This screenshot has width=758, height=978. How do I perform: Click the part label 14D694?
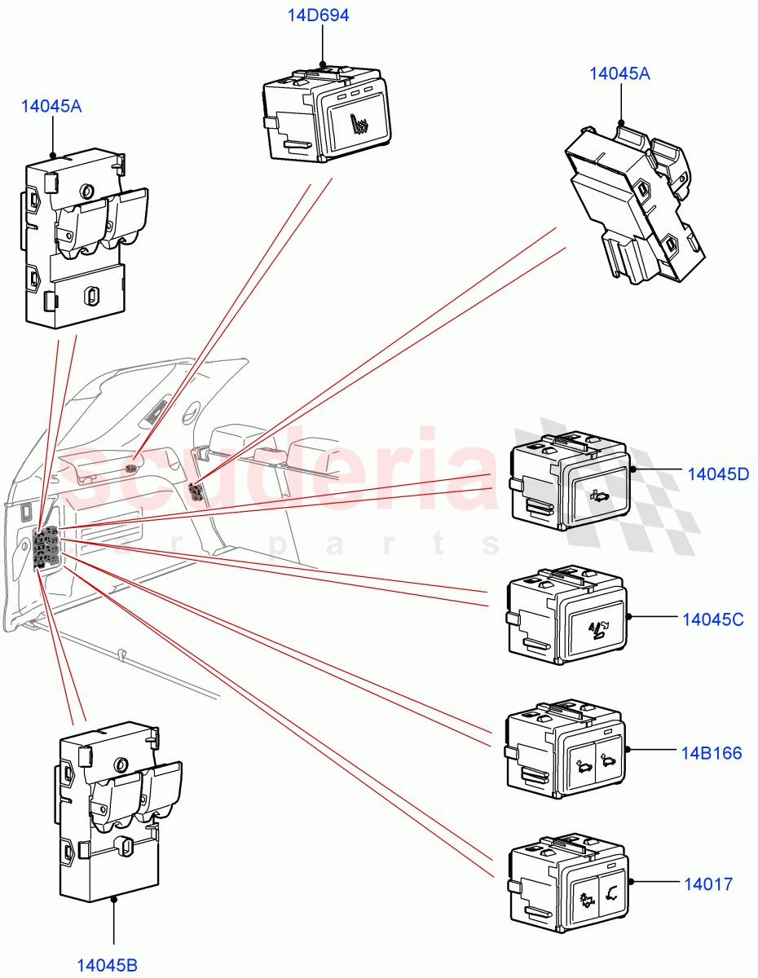[x=318, y=15]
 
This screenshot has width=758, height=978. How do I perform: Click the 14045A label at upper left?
[x=51, y=106]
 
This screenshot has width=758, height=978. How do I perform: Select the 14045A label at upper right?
[x=619, y=73]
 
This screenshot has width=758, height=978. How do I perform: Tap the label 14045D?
[x=717, y=474]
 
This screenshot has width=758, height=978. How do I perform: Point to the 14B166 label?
[x=712, y=752]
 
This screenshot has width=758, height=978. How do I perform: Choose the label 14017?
[x=707, y=883]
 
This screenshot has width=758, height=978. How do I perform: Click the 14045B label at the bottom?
[x=107, y=965]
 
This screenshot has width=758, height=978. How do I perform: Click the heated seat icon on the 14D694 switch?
[x=359, y=125]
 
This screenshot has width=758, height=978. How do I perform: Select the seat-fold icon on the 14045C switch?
[x=598, y=629]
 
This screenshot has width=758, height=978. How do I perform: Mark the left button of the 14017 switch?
[x=585, y=899]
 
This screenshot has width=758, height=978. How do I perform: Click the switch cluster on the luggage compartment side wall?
[x=46, y=546]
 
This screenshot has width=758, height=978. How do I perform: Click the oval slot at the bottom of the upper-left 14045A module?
[x=92, y=294]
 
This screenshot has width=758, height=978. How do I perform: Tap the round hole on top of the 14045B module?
[x=121, y=764]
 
